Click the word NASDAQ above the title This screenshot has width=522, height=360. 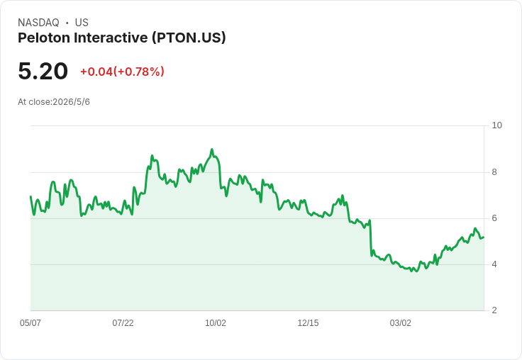coord(38,23)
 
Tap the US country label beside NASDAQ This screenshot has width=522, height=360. coord(82,23)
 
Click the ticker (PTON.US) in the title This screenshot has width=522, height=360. coord(189,38)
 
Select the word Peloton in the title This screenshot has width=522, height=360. coord(43,38)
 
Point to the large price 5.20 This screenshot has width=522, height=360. coord(43,72)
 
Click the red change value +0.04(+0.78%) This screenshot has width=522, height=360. coord(122,72)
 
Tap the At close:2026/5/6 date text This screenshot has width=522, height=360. coord(54,102)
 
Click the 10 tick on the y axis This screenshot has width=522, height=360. coord(496,125)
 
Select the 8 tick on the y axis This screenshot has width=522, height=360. coord(494,172)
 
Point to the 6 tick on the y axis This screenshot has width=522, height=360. coord(494,218)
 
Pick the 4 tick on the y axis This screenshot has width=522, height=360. coord(494,264)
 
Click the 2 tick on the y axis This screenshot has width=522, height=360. coord(494,310)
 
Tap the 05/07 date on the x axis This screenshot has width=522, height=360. coord(30,323)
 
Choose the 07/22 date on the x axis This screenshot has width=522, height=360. coord(123,323)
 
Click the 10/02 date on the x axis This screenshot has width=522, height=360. coord(216,323)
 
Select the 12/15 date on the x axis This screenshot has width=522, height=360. coord(308,323)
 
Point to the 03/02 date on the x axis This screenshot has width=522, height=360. coord(401,323)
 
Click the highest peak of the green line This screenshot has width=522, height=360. coord(212,150)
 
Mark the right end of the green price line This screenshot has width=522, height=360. coord(484,237)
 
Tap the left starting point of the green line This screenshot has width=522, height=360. coord(30,196)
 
